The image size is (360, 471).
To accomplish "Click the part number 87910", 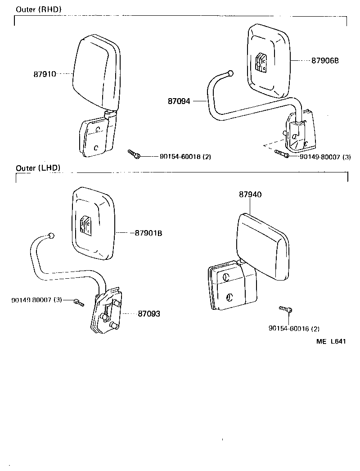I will [x=45, y=74].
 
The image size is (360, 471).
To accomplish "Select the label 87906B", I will [x=324, y=60].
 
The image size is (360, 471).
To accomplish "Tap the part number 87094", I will [x=179, y=102].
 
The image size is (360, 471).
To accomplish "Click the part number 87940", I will [x=250, y=195].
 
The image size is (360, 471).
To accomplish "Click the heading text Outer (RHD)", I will [x=39, y=9].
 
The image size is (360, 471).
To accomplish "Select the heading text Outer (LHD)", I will [x=38, y=168].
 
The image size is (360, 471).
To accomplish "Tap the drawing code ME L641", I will [x=331, y=342].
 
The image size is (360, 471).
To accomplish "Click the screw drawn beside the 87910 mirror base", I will [x=134, y=154].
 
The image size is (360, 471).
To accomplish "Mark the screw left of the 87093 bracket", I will [x=79, y=302].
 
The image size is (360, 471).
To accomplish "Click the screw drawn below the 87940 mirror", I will [x=285, y=309].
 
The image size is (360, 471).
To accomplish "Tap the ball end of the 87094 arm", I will [x=231, y=73].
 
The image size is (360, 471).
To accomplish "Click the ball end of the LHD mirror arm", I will [x=51, y=235].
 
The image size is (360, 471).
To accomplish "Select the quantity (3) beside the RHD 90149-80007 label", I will [x=346, y=157].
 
